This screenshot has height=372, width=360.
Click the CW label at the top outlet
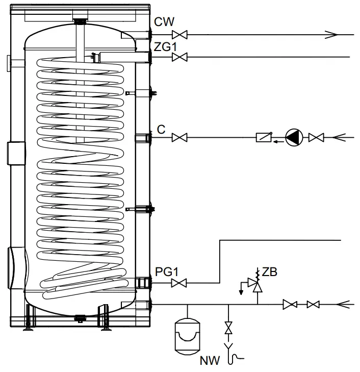(165, 23)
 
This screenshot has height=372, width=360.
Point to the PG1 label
(166, 271)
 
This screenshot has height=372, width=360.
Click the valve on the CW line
(179, 35)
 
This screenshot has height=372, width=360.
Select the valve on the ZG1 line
(179, 57)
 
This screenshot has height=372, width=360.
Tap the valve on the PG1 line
(179, 282)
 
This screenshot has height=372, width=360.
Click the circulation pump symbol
(294, 137)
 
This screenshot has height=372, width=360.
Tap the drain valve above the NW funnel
(228, 328)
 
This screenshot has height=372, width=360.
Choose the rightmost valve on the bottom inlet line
(313, 305)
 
